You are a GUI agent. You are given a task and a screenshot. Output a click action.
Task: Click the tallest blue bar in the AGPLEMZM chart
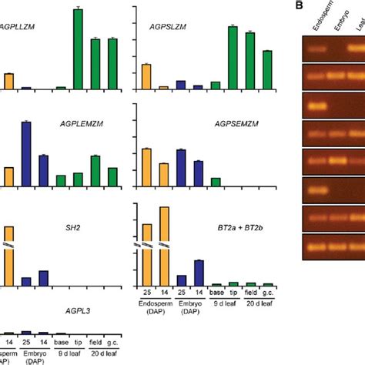tap(25, 154)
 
